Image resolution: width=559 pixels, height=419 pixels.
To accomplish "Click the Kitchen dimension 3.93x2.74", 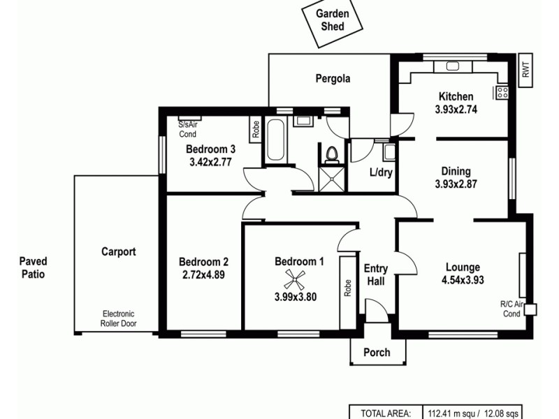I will coord(456,109).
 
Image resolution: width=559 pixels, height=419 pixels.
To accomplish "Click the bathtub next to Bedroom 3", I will coord(275,140).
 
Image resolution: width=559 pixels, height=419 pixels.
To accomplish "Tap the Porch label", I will coord(377,352).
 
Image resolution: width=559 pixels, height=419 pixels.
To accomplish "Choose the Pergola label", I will coord(333,79).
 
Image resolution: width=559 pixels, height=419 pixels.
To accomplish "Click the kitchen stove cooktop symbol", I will coord(502,92).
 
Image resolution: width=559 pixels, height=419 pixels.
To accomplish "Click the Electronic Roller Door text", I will coord(118,318).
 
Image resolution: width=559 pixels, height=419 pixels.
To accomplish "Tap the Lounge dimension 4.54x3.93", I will coord(463,280).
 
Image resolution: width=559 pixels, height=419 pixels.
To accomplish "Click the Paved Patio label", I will coord(32,268).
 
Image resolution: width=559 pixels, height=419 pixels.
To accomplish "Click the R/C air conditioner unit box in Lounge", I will coord(530,309).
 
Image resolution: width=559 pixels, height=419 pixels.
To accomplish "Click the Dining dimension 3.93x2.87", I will coord(456,184).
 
